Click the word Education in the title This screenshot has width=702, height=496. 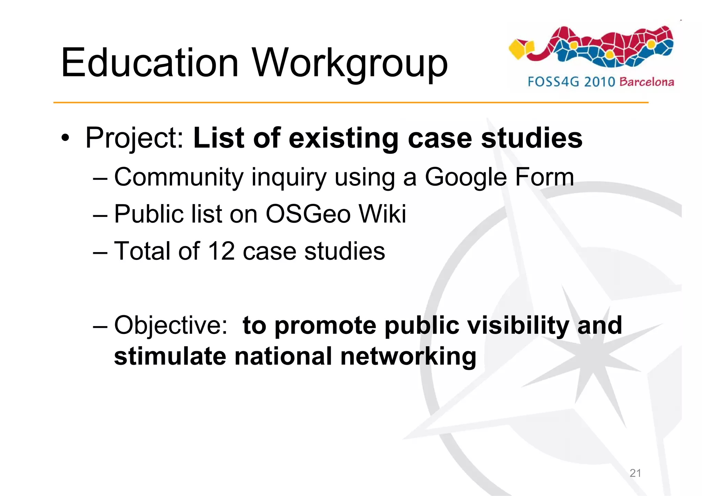(149, 63)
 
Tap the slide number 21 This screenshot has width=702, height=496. (635, 473)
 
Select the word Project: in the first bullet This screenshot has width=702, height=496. (135, 139)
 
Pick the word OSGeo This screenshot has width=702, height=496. (308, 214)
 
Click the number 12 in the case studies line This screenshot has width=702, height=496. (221, 251)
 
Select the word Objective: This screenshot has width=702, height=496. (171, 325)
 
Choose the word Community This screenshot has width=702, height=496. (179, 177)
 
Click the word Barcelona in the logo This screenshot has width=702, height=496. (647, 82)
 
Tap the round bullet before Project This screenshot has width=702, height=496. (65, 138)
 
